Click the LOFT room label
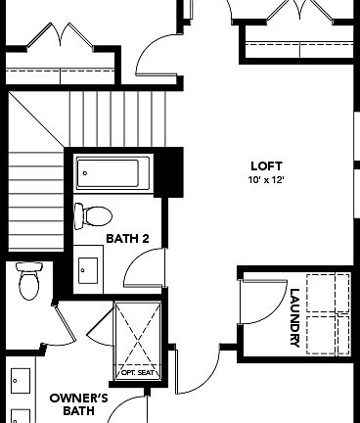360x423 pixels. click(x=259, y=167)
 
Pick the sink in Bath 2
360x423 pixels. click(x=89, y=267)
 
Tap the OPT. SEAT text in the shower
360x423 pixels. click(x=136, y=372)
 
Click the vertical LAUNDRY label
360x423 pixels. click(x=294, y=315)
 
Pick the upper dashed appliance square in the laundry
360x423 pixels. click(x=328, y=291)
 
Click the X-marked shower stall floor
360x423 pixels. click(x=136, y=333)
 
